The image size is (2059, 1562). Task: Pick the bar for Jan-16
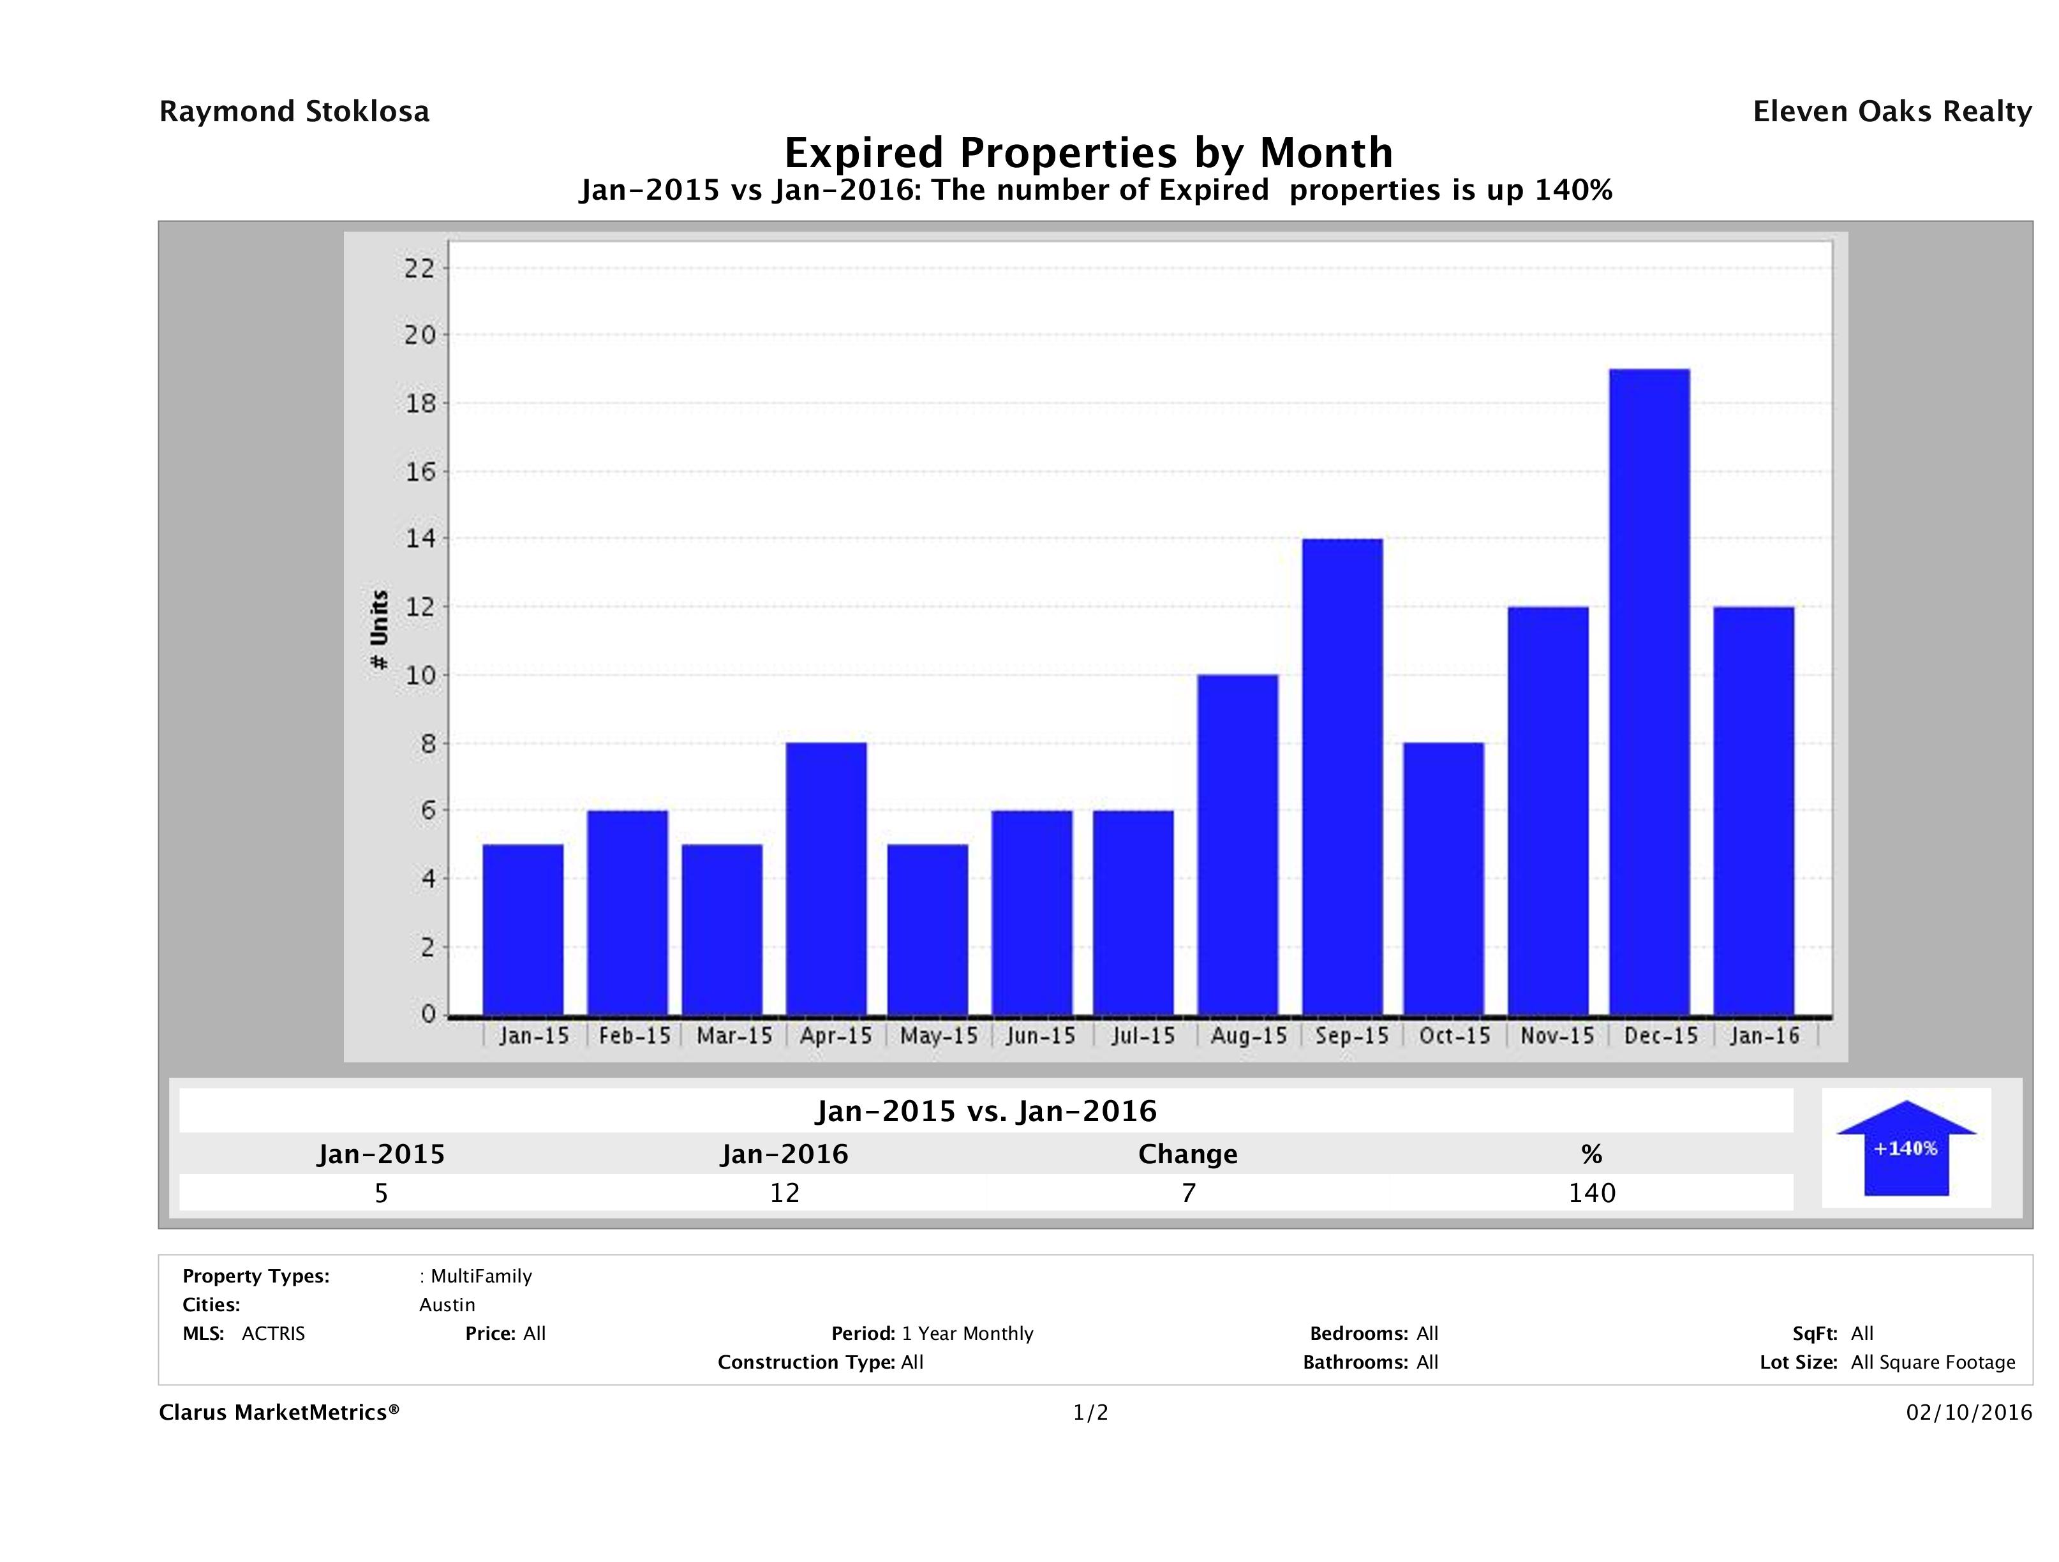[x=1753, y=811]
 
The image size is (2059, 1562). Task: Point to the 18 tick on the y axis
[x=420, y=403]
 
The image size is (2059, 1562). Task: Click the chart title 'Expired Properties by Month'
[x=1088, y=152]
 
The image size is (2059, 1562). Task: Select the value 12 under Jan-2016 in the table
[x=784, y=1193]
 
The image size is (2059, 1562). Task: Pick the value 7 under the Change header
[x=1188, y=1193]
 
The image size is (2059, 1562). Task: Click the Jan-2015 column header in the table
[x=381, y=1154]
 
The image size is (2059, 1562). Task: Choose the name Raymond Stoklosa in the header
[x=294, y=112]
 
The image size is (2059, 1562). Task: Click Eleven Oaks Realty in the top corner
[x=1891, y=112]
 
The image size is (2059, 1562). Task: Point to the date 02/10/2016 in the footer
[x=1968, y=1412]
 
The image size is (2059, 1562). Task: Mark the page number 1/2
[x=1090, y=1412]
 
